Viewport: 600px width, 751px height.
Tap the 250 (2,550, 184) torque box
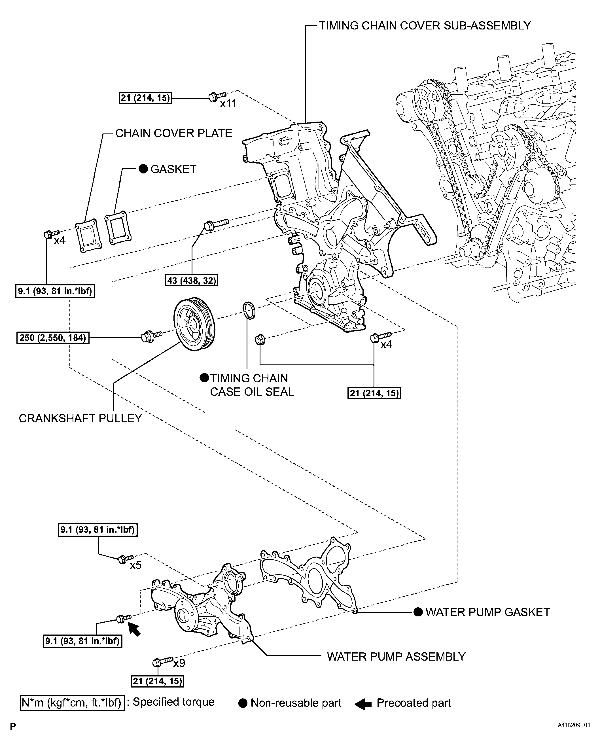(x=53, y=338)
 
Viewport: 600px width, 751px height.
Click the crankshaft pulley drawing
(x=194, y=324)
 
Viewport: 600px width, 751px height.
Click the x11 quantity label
(x=228, y=103)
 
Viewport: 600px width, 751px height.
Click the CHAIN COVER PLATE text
(x=173, y=133)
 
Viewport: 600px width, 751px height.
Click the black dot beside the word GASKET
(x=143, y=169)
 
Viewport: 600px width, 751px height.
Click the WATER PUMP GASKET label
(x=487, y=612)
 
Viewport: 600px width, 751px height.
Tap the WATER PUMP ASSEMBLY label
(x=396, y=657)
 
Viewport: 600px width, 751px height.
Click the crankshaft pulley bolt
(x=151, y=336)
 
